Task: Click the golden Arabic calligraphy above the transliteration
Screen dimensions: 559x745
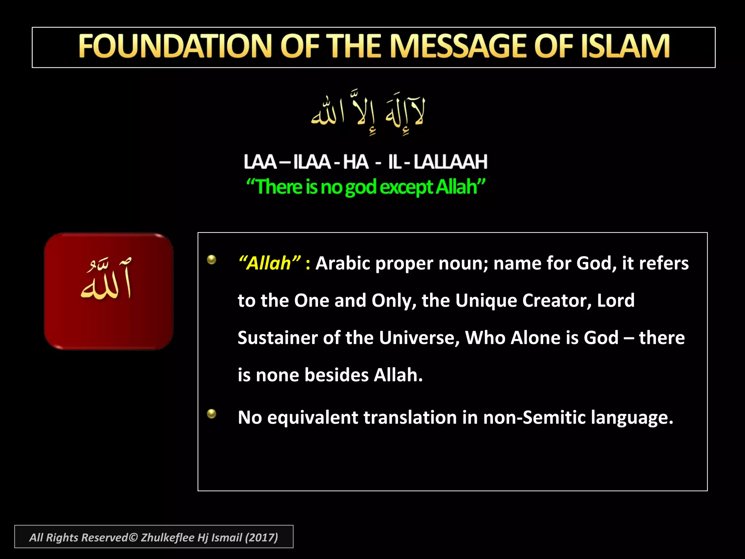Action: point(367,111)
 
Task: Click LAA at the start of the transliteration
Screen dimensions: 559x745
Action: point(260,162)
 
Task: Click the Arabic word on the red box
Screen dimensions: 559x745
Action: point(106,280)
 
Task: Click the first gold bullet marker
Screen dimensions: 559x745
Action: point(211,259)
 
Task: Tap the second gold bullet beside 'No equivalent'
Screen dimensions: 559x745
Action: point(211,414)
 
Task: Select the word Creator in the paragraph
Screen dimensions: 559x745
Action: point(557,301)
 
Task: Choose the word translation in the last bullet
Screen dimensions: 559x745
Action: point(410,417)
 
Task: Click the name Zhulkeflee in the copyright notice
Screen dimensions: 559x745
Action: point(167,538)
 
